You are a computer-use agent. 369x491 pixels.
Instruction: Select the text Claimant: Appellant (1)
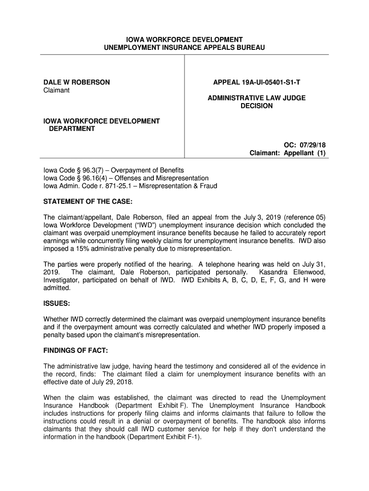(288, 153)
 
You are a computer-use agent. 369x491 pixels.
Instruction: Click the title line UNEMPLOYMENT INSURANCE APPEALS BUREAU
(184, 47)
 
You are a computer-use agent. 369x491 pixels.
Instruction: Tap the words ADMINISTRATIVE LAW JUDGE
(256, 98)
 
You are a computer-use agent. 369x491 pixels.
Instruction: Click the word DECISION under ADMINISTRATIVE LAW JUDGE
(256, 106)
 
